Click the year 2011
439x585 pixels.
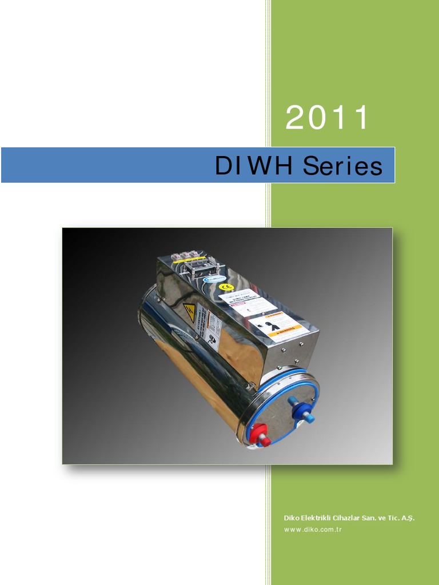pos(327,118)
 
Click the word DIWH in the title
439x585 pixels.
pos(253,166)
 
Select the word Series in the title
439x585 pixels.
pos(342,166)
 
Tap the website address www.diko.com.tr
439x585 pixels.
pos(313,530)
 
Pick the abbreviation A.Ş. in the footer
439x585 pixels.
pos(408,518)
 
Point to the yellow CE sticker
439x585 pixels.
pos(226,287)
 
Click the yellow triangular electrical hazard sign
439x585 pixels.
pos(189,312)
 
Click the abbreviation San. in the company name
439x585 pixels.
pos(369,518)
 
